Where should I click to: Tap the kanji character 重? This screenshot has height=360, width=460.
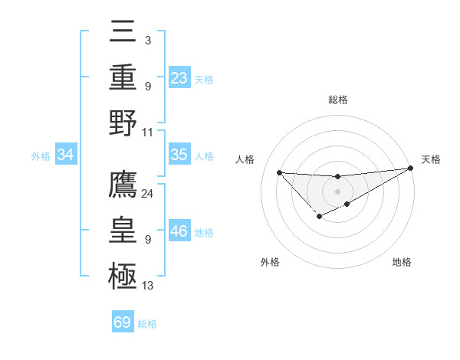[123, 79]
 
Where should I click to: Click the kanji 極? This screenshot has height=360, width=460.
[123, 273]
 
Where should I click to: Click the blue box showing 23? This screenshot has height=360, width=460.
[179, 77]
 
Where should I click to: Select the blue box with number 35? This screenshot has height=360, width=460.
[179, 155]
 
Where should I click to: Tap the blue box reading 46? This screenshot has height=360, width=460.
[179, 231]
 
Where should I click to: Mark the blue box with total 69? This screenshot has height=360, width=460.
[123, 322]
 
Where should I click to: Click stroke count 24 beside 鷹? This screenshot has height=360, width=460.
[148, 194]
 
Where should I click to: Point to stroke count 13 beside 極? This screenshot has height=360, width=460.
[148, 286]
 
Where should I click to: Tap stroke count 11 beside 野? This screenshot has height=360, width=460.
[148, 132]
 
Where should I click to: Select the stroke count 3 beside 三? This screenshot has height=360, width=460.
[147, 40]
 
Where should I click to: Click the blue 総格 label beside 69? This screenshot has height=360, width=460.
[147, 324]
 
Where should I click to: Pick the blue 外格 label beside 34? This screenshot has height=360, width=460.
[41, 156]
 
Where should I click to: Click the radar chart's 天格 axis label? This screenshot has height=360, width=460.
[431, 159]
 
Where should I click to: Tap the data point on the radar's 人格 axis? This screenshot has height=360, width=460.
[279, 172]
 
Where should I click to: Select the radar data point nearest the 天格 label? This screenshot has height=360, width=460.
[411, 169]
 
